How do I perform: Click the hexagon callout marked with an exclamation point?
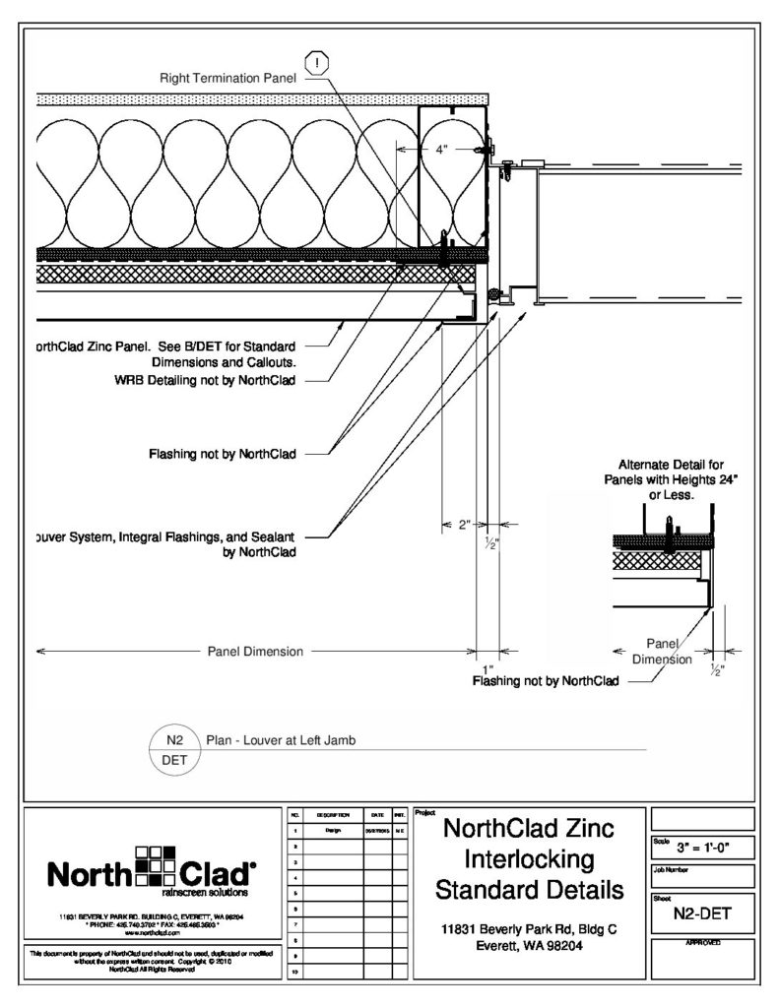point(319,64)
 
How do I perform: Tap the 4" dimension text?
point(442,150)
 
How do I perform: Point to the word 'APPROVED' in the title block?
point(702,943)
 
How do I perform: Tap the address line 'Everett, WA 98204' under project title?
point(531,945)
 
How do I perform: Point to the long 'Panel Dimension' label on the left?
point(255,651)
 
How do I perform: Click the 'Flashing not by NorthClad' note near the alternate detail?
point(546,680)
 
